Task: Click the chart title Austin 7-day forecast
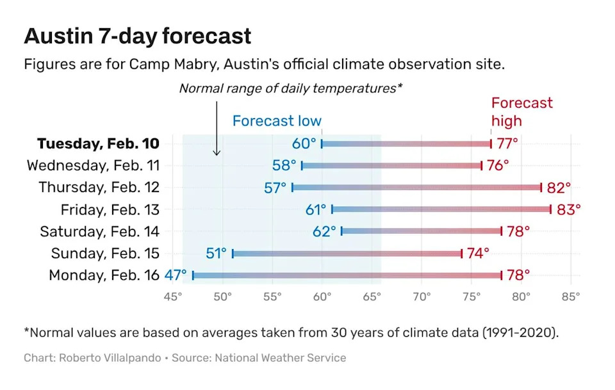pos(138,36)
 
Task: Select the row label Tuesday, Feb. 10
pos(98,143)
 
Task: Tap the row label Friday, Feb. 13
pos(110,209)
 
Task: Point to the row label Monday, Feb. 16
pos(104,275)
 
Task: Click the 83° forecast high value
pos(568,209)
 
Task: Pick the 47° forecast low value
pos(176,275)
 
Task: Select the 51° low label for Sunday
pos(217,254)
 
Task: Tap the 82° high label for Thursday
pos(558,188)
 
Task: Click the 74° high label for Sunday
pos(478,254)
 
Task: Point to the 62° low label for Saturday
pos(324,231)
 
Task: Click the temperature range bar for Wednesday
pos(391,166)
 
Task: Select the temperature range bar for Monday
pos(347,275)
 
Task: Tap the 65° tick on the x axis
pos(372,297)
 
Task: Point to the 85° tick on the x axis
pos(570,297)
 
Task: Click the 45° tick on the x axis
pos(173,297)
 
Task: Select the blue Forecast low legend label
pos(277,121)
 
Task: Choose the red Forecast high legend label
pos(521,111)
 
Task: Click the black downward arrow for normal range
pos(217,128)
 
